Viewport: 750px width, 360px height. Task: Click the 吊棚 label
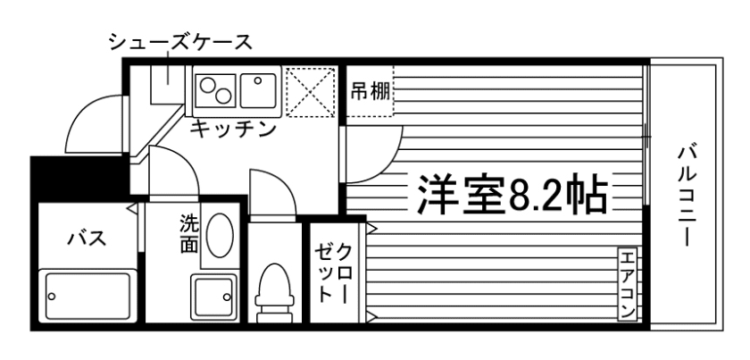pos(368,91)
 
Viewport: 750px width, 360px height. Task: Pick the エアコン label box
pos(627,283)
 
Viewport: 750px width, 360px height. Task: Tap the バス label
pos(87,239)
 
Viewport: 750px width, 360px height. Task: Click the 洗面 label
pos(188,233)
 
